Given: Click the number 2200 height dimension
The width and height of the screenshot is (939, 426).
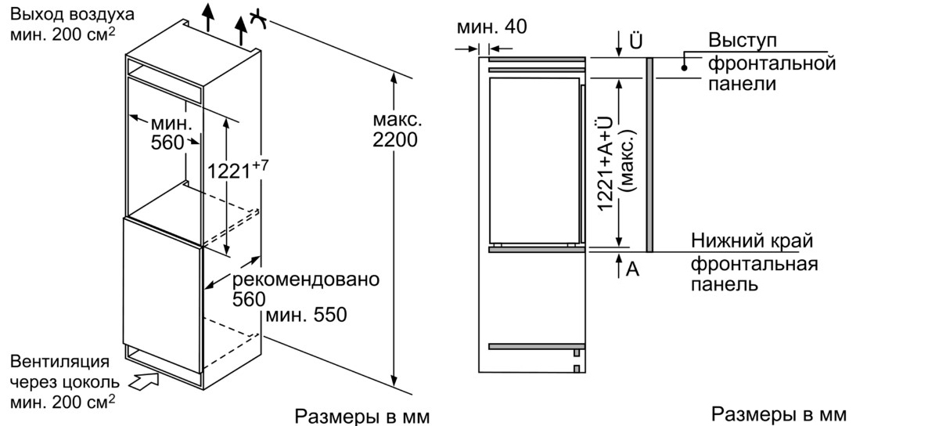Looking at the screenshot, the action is point(395,139).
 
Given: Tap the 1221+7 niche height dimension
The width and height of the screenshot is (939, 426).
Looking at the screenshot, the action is point(237,169).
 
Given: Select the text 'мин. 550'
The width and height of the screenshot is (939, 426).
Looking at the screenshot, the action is point(306,315).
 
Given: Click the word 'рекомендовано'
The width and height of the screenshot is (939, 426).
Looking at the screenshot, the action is point(306,280).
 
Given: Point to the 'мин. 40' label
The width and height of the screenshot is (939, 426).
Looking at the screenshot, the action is point(491,27).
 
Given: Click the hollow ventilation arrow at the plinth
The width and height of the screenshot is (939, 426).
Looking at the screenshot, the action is point(144,381).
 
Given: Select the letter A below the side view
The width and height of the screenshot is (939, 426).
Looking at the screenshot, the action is point(632,269).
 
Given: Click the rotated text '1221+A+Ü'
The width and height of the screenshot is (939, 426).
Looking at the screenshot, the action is point(604,164).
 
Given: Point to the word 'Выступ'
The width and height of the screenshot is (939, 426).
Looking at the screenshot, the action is point(743,40).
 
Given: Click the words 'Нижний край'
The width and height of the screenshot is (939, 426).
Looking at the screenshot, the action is point(752,241).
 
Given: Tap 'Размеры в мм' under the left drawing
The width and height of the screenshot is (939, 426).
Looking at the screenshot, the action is point(362,417).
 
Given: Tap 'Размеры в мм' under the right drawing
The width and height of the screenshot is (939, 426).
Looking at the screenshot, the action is point(779,414).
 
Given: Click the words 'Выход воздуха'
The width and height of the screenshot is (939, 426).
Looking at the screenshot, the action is point(72,15).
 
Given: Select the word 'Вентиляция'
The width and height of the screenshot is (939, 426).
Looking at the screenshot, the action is point(59,362).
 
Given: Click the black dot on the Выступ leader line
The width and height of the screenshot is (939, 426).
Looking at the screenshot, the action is point(684,68).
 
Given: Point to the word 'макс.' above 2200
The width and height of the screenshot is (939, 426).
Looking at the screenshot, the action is point(398,120).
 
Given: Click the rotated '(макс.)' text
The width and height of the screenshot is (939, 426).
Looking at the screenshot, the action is point(628,161).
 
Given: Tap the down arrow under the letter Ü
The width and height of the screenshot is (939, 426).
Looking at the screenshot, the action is point(619,44).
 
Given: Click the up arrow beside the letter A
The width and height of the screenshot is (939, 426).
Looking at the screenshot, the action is point(619,265).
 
